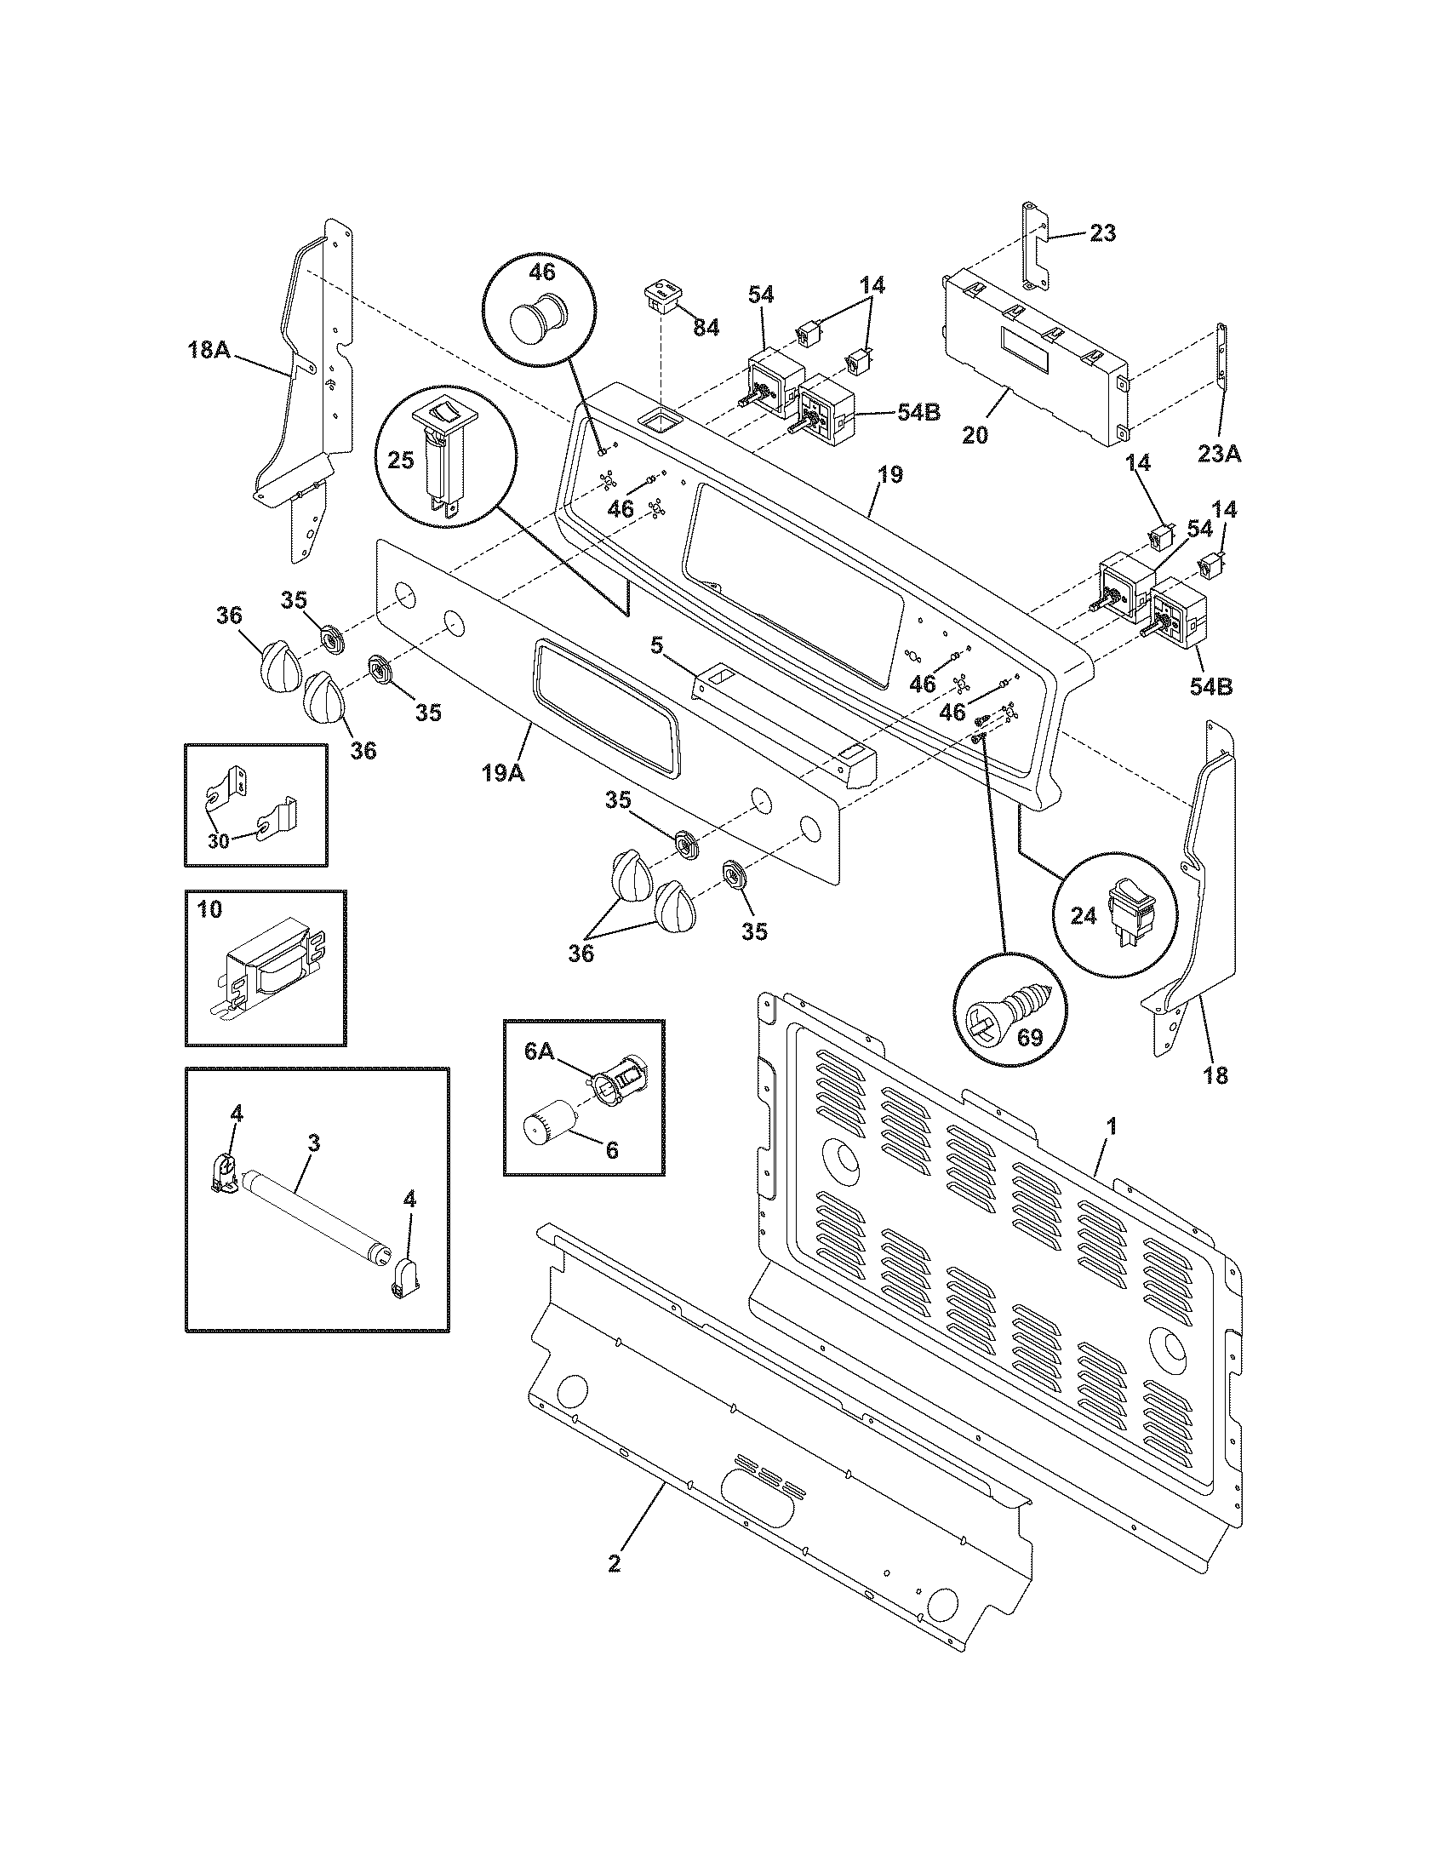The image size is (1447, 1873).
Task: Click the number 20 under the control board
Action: [x=975, y=435]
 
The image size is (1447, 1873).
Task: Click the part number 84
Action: [x=706, y=327]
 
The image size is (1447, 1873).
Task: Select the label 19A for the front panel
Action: [x=503, y=773]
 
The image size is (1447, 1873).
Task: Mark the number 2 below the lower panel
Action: [x=614, y=1563]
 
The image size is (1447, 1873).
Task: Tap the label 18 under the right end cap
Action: [x=1215, y=1074]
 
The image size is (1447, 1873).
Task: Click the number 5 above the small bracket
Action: [x=655, y=645]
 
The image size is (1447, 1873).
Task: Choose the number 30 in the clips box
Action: [x=220, y=840]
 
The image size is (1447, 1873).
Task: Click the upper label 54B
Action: [x=918, y=412]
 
